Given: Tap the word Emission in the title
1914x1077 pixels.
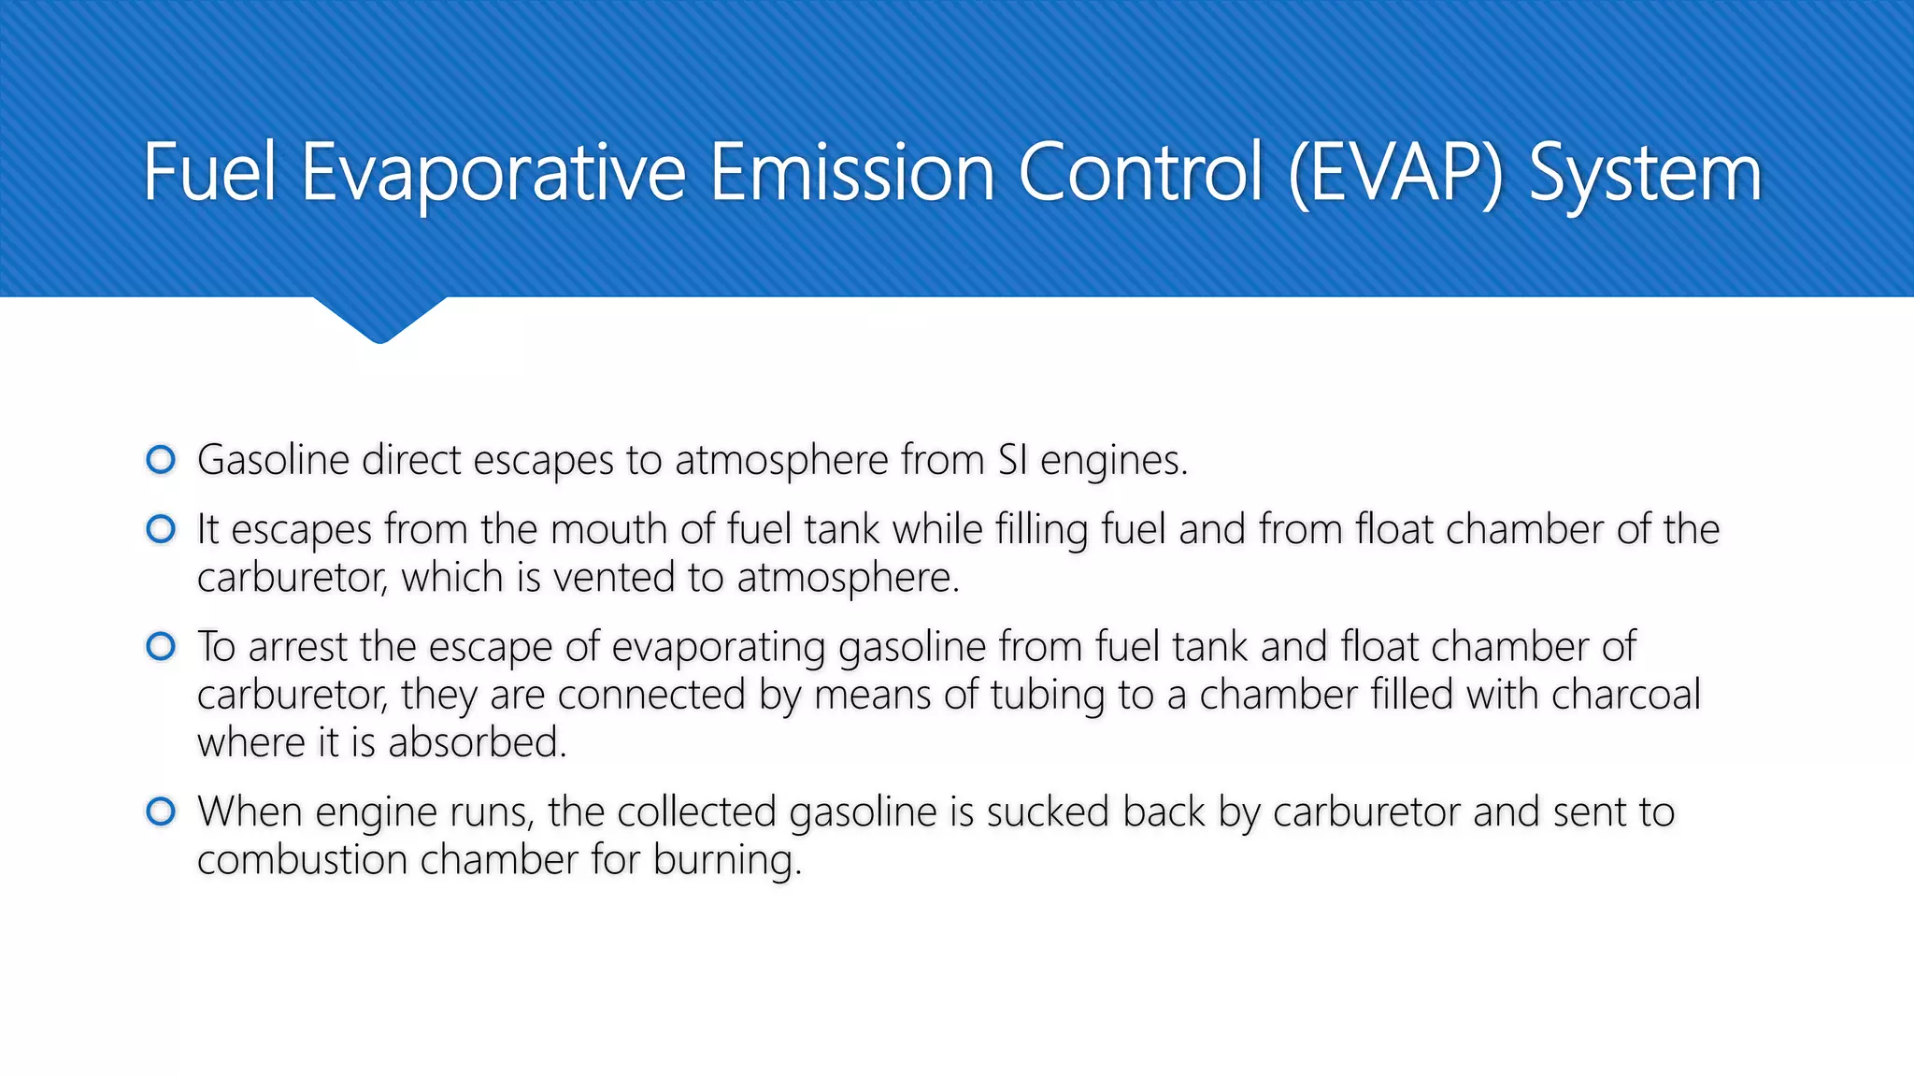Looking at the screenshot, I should (x=851, y=173).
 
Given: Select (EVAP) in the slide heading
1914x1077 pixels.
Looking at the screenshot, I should (x=1395, y=173).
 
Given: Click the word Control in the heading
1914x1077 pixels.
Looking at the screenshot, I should (x=1140, y=173).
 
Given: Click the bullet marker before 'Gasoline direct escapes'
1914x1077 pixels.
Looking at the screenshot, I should (x=161, y=460).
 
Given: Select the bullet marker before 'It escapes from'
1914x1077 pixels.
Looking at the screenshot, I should (x=161, y=530).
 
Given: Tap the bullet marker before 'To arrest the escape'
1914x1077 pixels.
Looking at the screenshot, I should (x=161, y=647).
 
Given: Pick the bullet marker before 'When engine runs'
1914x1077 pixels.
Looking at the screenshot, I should (x=161, y=811).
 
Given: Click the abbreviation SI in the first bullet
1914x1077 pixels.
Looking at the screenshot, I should (x=1012, y=460).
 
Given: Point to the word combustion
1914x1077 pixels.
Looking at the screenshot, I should (x=302, y=860).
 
